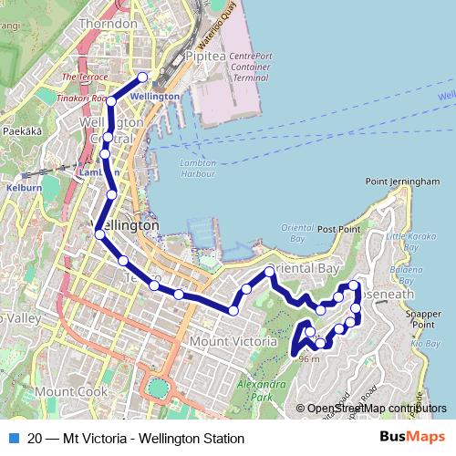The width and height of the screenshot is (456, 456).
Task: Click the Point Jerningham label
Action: (x=402, y=181)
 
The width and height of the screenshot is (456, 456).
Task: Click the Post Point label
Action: (x=338, y=229)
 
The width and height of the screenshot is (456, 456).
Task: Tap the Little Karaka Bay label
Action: (x=407, y=242)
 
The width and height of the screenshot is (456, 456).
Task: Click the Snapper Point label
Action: (x=423, y=319)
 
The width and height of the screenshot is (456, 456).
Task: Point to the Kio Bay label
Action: (x=426, y=344)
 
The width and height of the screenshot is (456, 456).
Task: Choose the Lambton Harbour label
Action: (x=197, y=169)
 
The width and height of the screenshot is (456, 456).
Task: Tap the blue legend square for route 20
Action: (x=13, y=438)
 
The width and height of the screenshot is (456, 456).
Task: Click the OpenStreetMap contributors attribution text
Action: (x=371, y=409)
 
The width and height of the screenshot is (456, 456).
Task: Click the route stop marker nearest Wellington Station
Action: (x=142, y=77)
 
